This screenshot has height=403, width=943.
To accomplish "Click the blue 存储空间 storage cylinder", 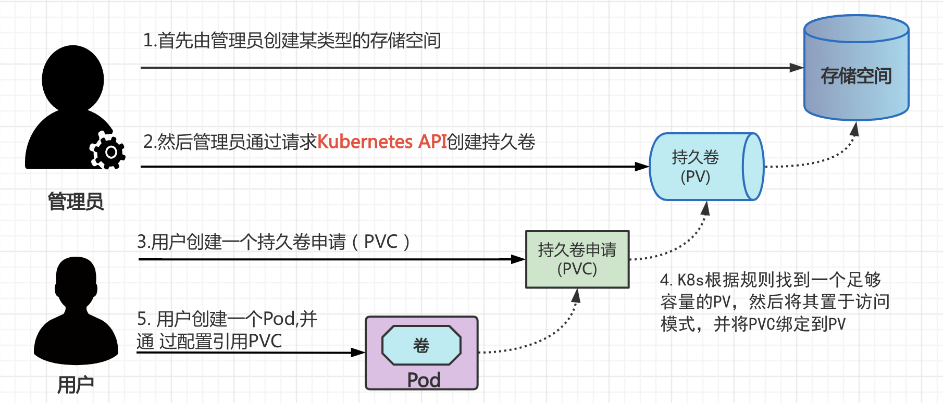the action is pos(856,68).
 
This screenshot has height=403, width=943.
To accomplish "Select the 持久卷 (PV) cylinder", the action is pos(706,167).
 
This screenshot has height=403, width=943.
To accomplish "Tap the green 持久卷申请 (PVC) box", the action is pos(577,259).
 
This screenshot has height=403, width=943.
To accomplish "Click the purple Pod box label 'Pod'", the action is pos(424,380).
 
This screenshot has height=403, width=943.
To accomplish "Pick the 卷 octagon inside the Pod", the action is pos(421,345).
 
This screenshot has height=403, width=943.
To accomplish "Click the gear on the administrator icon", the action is pos(108,151).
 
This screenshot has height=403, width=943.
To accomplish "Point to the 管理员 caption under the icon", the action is pos(76,201).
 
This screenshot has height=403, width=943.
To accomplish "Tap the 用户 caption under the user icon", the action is pos(76,385).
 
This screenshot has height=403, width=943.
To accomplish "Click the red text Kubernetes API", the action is pos(382,142).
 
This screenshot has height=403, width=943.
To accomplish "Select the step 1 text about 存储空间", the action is pos(292,40).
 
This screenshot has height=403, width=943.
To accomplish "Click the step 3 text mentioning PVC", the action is pos(274,242).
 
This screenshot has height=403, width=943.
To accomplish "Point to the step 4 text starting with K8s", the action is pos(775,302).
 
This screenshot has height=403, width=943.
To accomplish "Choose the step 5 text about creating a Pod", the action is pos(227,330).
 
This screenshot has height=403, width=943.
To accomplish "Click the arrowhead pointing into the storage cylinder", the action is pos(796,68).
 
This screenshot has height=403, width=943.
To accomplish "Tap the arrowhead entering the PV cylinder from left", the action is pos(642,167).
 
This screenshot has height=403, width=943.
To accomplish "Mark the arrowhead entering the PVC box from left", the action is pos(518,259).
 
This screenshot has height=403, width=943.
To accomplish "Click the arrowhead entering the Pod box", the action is pos(358,352).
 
